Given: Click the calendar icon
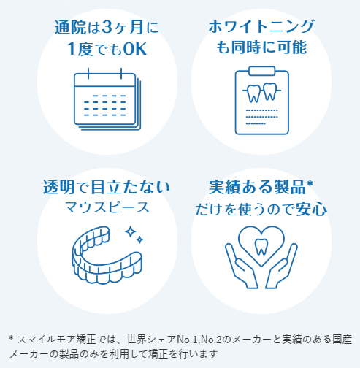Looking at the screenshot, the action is tap(107, 99).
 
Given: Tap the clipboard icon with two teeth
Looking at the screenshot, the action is tap(262, 100).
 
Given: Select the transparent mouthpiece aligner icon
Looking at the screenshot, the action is tap(107, 256).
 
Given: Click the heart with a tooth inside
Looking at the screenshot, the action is tap(261, 246).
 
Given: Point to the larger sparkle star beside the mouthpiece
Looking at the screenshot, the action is tap(131, 231).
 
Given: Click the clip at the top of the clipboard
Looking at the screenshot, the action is tap(262, 71).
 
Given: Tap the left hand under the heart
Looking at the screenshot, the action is tap(241, 266).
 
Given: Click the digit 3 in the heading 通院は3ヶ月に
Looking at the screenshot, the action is tap(107, 27).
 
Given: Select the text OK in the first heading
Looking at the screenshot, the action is tap(135, 49).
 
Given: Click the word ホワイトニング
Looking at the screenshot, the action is tap(261, 26).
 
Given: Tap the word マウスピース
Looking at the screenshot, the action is tap(107, 207).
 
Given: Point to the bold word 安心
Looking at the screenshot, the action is tap(311, 210).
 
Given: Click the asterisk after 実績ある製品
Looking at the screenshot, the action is tap(310, 183).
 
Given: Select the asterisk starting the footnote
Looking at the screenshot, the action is tap(11, 338).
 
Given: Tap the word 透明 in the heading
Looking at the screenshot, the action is tap(58, 187).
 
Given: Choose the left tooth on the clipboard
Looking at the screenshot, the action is tap(254, 93).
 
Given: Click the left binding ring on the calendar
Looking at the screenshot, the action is tap(88, 74).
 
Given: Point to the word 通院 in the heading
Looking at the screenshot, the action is tap(70, 27).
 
